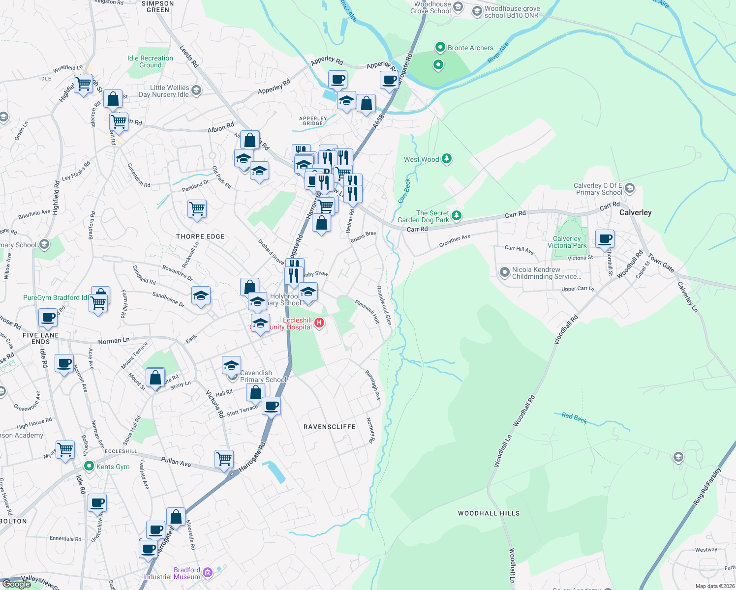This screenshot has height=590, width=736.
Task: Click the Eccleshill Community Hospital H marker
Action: pyautogui.click(x=319, y=323)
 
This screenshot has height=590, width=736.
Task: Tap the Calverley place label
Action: pyautogui.click(x=635, y=212)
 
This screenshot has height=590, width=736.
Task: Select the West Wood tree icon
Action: pyautogui.click(x=447, y=158)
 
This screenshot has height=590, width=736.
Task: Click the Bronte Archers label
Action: pyautogui.click(x=470, y=48)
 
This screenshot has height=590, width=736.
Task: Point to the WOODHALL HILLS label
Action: pyautogui.click(x=489, y=513)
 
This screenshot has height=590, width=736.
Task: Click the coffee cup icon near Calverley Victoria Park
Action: pyautogui.click(x=605, y=238)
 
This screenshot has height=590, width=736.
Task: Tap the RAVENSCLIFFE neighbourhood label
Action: pyautogui.click(x=329, y=427)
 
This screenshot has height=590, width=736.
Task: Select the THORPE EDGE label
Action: pyautogui.click(x=200, y=236)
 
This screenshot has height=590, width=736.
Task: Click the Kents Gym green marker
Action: pyautogui.click(x=89, y=466)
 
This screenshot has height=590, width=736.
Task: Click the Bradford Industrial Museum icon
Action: pyautogui.click(x=207, y=572)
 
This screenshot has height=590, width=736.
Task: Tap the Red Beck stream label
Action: pyautogui.click(x=574, y=417)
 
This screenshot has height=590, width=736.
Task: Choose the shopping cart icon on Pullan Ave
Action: pyautogui.click(x=224, y=458)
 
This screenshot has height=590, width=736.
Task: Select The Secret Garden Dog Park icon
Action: pyautogui.click(x=457, y=215)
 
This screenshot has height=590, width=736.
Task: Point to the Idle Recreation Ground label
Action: pyautogui.click(x=150, y=61)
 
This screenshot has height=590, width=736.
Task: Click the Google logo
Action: pyautogui.click(x=17, y=584)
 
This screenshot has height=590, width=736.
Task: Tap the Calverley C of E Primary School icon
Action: pyautogui.click(x=630, y=188)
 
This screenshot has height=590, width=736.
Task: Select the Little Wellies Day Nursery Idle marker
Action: pyautogui.click(x=196, y=90)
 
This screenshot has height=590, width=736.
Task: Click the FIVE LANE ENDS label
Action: pyautogui.click(x=40, y=338)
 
